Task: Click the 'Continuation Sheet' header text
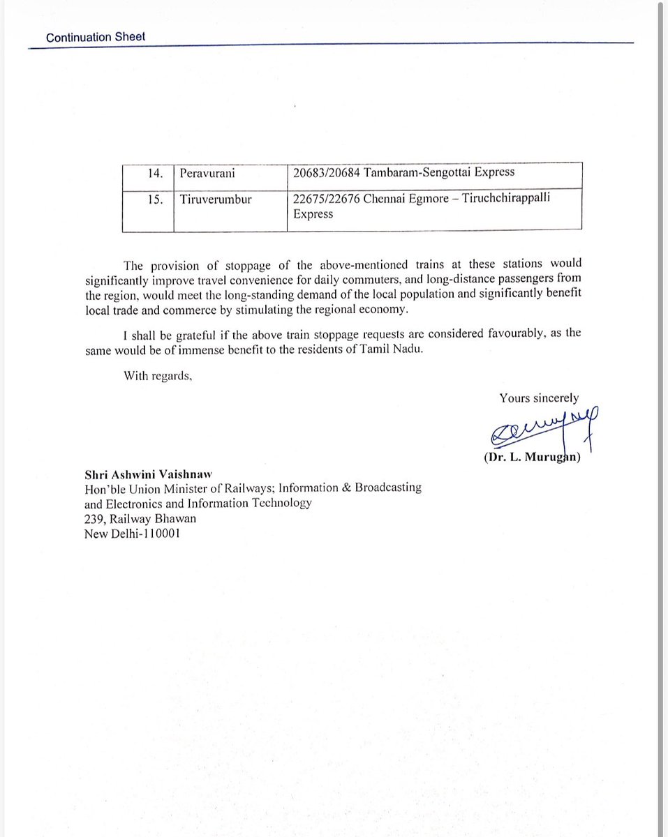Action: click(96, 38)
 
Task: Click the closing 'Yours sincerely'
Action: click(538, 398)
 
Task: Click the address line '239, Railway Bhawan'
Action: click(131, 518)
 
